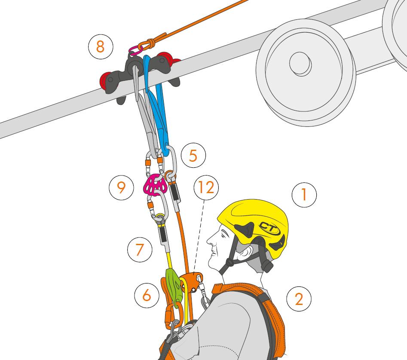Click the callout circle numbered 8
tap(101, 47)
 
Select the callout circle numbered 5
tap(193, 155)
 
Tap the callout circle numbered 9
tap(121, 187)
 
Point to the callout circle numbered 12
tap(206, 187)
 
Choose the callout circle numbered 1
tap(304, 195)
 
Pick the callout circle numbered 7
tap(140, 249)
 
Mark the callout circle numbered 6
tap(147, 295)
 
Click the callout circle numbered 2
tap(299, 299)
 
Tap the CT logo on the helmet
tap(270, 228)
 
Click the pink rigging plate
tap(155, 185)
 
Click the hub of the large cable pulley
tap(300, 64)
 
